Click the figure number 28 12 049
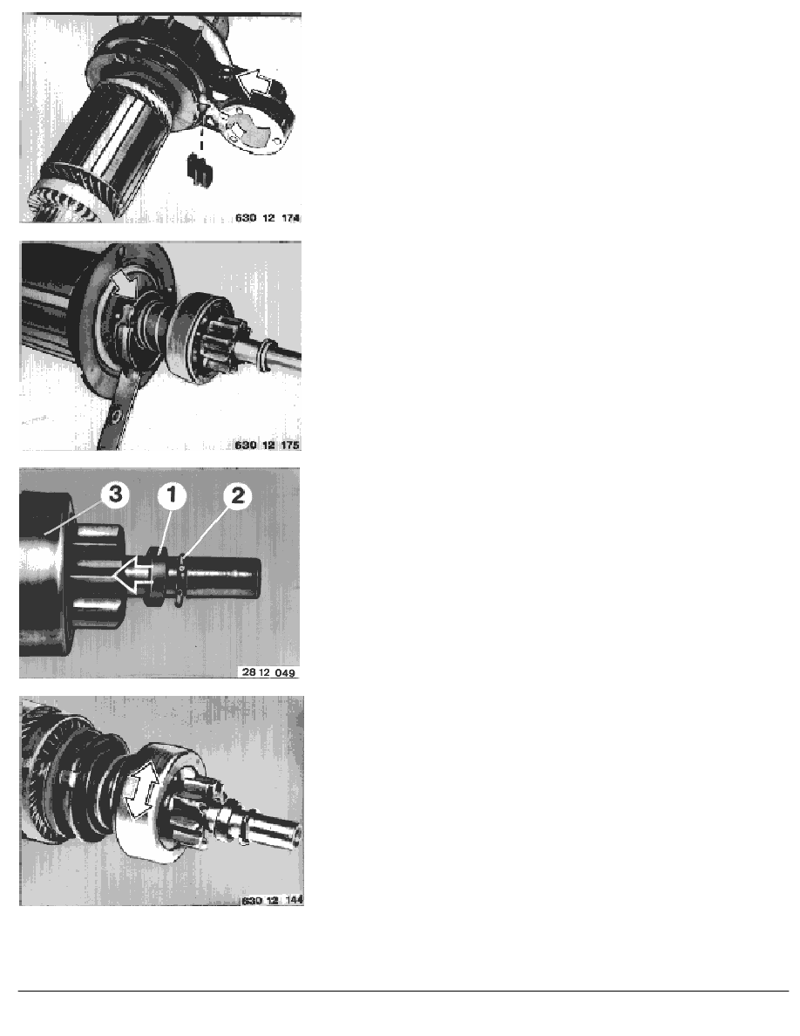pyautogui.click(x=271, y=671)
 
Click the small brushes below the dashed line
pyautogui.click(x=199, y=171)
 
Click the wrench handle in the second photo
pyautogui.click(x=113, y=427)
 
